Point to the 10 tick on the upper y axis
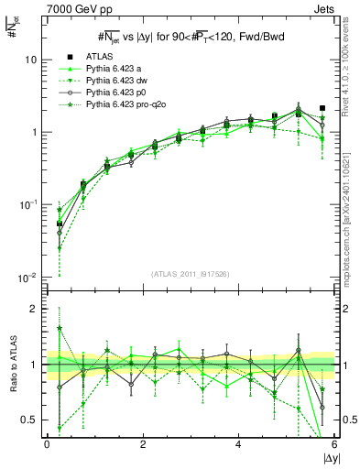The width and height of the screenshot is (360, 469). coord(31,60)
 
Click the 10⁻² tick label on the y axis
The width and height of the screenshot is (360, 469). coord(29,277)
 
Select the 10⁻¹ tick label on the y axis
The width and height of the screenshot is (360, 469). coord(29,204)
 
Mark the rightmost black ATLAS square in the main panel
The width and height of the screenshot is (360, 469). coord(322,108)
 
